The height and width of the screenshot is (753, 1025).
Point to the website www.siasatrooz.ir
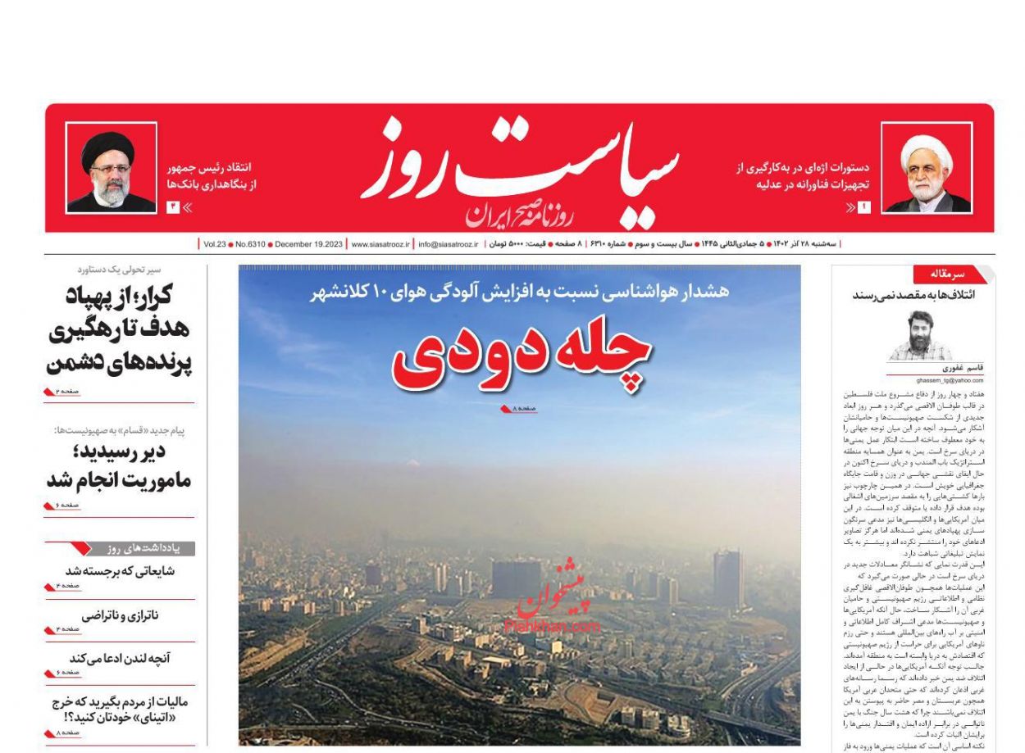coord(380,244)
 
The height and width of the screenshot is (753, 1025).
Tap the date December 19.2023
coord(308,244)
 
